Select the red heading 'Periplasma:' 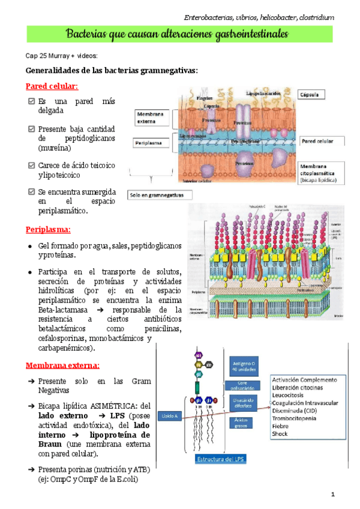[48, 229]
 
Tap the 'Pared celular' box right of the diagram [323, 142]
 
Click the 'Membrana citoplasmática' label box [322, 172]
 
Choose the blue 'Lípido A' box [172, 415]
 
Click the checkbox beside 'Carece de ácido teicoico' [32, 165]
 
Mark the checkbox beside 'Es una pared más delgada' [32, 101]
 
